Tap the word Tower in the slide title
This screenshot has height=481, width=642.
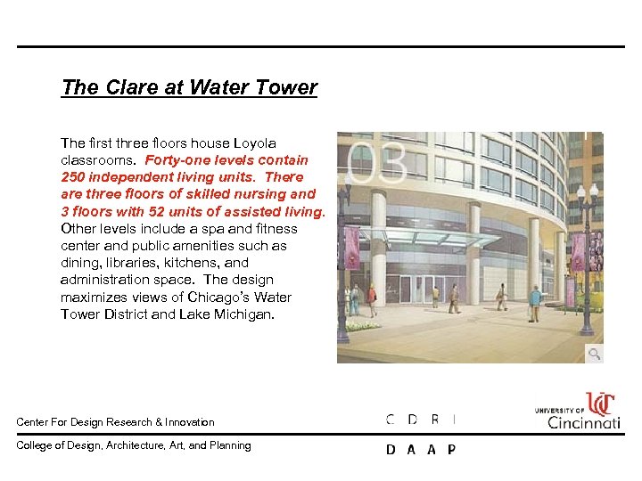click(287, 87)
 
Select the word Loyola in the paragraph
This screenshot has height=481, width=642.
click(255, 143)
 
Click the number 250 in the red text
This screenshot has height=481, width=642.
click(74, 177)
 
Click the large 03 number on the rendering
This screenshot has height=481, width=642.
click(377, 163)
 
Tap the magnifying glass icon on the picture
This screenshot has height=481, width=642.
click(593, 354)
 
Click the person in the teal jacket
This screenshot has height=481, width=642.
click(534, 301)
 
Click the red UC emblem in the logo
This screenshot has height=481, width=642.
click(600, 404)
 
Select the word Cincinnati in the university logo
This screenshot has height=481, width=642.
click(584, 421)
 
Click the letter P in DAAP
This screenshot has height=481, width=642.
click(451, 450)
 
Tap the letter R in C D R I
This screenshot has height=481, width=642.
click(434, 420)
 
